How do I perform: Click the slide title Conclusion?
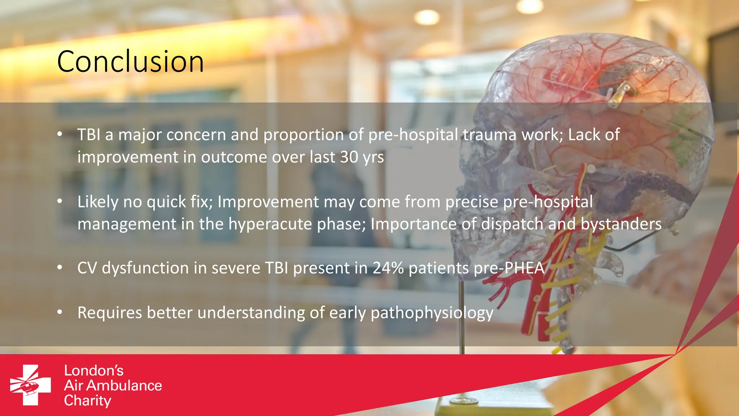coord(130,62)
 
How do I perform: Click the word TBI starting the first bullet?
coord(89,135)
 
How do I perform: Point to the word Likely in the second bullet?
coord(97,202)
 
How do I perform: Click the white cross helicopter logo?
coord(30,385)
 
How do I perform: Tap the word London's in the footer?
coord(94,371)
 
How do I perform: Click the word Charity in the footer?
coord(88,401)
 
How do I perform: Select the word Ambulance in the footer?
coord(124,386)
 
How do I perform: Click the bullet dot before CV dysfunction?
coord(60,268)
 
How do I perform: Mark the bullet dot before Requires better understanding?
coord(60,312)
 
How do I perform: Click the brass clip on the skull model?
coord(621,92)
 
